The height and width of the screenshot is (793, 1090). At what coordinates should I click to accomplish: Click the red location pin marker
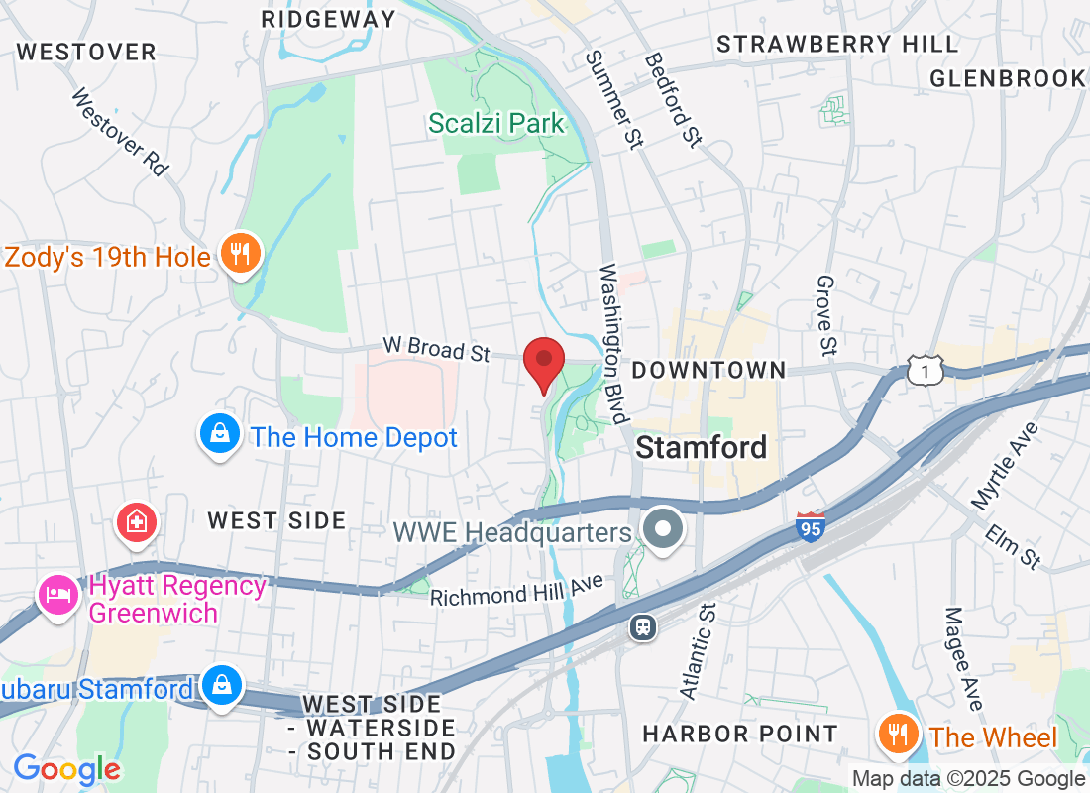click(543, 363)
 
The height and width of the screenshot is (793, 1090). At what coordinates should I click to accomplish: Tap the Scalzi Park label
click(496, 124)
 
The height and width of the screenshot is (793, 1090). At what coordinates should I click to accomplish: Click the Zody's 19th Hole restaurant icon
click(239, 254)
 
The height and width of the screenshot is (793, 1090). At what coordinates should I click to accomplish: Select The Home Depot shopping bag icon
click(218, 434)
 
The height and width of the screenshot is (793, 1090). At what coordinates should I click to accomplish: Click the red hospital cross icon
click(136, 523)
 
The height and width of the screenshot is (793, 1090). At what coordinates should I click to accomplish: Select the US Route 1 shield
click(924, 371)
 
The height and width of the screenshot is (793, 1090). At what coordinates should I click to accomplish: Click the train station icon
click(643, 626)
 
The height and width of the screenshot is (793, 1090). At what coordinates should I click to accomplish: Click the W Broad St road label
click(437, 349)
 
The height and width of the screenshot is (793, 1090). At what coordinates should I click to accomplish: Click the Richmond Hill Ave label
click(516, 592)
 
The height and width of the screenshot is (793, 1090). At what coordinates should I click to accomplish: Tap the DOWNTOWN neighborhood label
click(708, 370)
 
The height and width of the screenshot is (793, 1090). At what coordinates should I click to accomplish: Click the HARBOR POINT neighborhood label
click(740, 734)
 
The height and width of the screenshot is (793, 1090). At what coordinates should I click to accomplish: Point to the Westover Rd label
click(120, 131)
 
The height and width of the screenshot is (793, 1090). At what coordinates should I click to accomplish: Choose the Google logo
click(66, 769)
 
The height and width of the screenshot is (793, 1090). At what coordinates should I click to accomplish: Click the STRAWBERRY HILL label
click(837, 44)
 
